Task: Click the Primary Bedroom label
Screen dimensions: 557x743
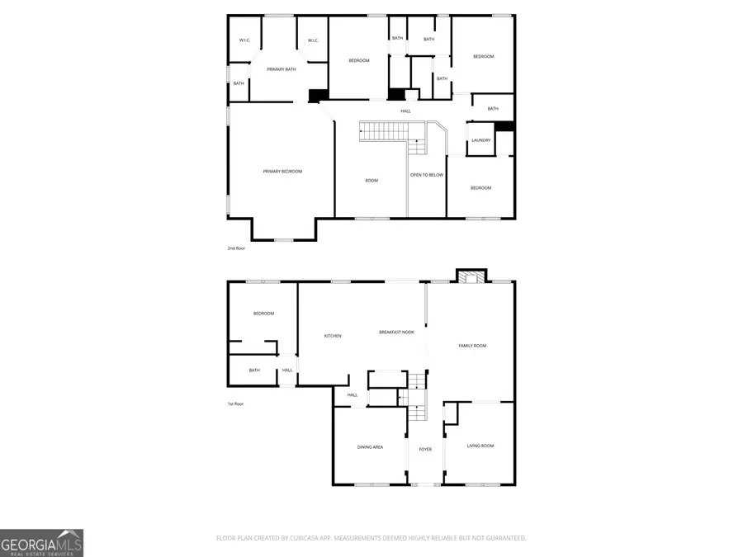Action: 282,172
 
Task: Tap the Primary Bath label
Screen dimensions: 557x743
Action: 281,69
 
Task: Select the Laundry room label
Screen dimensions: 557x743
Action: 480,140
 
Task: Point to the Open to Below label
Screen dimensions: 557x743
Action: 427,175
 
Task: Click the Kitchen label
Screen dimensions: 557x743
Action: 333,336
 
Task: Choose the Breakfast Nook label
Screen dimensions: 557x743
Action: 396,332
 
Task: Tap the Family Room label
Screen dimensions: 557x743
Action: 472,346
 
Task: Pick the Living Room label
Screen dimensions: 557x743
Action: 480,446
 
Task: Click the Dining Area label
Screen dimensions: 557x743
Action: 370,447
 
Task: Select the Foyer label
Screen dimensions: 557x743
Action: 425,449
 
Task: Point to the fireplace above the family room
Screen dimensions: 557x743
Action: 472,277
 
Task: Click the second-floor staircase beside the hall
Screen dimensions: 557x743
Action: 384,130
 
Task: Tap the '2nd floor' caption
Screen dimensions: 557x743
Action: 236,248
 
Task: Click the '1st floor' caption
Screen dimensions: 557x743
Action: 235,404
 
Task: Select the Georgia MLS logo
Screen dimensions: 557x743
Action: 41,542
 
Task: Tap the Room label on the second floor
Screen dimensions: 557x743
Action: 371,181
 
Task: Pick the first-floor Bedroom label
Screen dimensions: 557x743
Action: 263,314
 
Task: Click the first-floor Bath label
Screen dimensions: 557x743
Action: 254,370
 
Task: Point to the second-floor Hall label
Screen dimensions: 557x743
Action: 405,111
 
